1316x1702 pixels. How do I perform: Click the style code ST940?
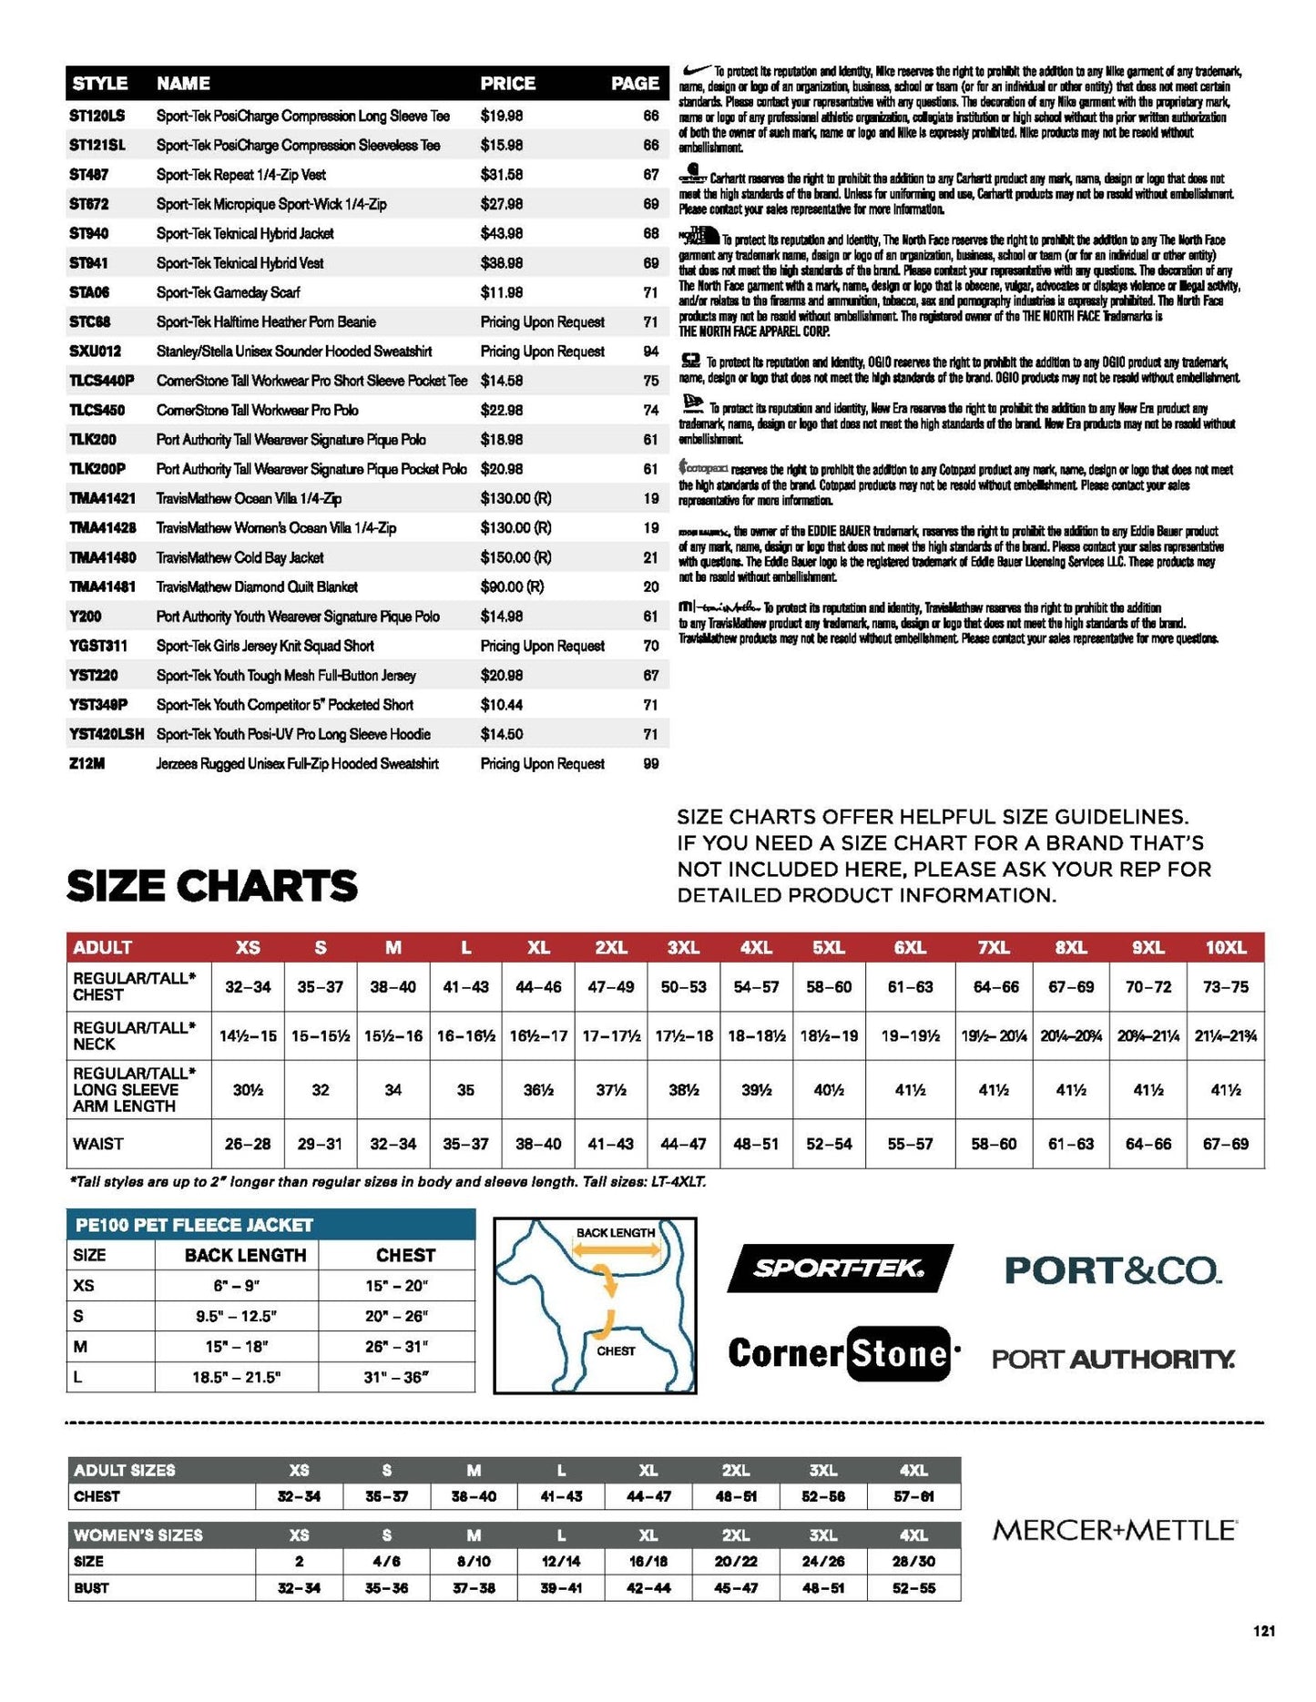[88, 234]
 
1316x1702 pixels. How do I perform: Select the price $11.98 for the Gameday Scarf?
[501, 293]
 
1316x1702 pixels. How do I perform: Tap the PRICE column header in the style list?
[507, 84]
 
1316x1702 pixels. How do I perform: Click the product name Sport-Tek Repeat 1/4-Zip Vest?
[240, 175]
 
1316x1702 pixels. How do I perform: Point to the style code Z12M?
[87, 764]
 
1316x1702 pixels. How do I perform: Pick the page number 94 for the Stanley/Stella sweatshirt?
[650, 352]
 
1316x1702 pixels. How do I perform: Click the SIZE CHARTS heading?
[212, 886]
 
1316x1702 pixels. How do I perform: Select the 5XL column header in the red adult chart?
[828, 948]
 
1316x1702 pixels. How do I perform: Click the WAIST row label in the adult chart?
[98, 1144]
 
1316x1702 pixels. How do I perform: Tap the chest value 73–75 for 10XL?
[1225, 987]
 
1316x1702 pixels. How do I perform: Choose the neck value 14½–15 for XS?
[248, 1036]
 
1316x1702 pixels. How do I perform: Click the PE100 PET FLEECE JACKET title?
[194, 1226]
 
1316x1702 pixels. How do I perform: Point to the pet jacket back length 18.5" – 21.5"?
[236, 1378]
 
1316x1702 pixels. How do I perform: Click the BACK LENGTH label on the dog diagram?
[616, 1233]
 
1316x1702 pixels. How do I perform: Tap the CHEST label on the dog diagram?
[616, 1351]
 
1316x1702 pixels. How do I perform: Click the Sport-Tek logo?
[839, 1268]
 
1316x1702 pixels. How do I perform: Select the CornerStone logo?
[842, 1354]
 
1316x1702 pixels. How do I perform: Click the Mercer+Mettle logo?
[1114, 1530]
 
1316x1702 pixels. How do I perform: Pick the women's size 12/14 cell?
[561, 1562]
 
